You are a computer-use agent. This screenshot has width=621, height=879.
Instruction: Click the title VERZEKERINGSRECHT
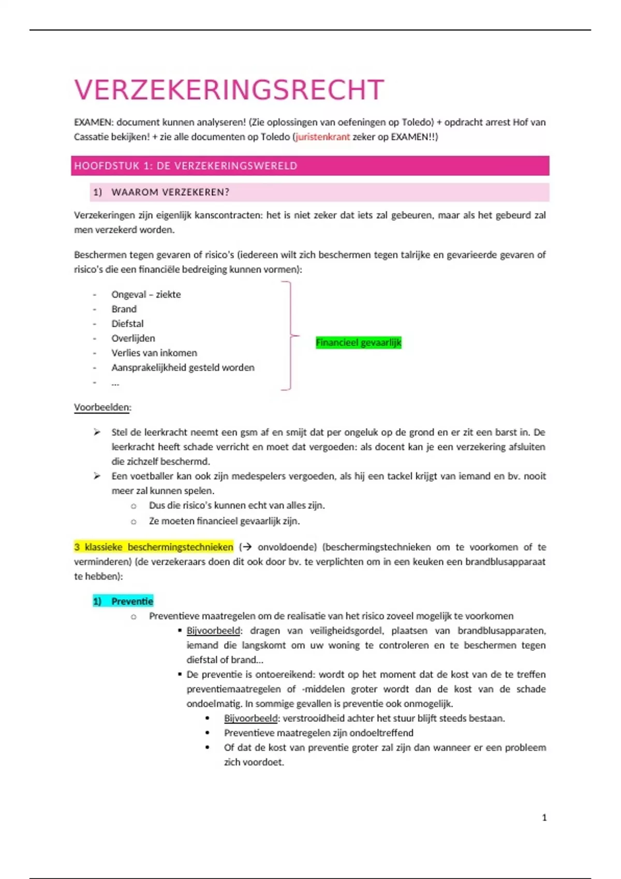coord(229,90)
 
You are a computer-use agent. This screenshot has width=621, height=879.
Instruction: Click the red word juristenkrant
coord(322,137)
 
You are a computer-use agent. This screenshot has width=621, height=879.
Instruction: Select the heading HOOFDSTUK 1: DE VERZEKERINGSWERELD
coord(186,166)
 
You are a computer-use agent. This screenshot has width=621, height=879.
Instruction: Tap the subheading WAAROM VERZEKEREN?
coord(170,192)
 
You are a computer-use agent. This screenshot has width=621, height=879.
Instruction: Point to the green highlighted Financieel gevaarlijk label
coord(359,342)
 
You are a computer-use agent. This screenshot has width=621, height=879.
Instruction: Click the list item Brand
coord(124,309)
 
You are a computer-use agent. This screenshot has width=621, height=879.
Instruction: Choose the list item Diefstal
coord(127,324)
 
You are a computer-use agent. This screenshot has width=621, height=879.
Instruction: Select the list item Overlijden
coord(133,338)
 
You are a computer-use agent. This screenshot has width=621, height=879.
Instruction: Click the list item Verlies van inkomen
coord(154,353)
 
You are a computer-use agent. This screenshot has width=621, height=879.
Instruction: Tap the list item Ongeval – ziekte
coord(146,295)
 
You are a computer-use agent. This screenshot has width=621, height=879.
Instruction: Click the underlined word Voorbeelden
coord(102,407)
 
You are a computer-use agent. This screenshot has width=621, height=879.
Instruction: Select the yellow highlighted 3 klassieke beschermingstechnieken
coord(154,547)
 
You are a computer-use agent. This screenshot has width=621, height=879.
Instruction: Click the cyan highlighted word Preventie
coord(132,601)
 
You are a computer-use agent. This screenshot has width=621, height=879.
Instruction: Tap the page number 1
coord(544,817)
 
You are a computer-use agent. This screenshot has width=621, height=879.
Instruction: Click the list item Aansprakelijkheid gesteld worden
coord(183,368)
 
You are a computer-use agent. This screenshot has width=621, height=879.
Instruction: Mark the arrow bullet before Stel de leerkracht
coord(97,432)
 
